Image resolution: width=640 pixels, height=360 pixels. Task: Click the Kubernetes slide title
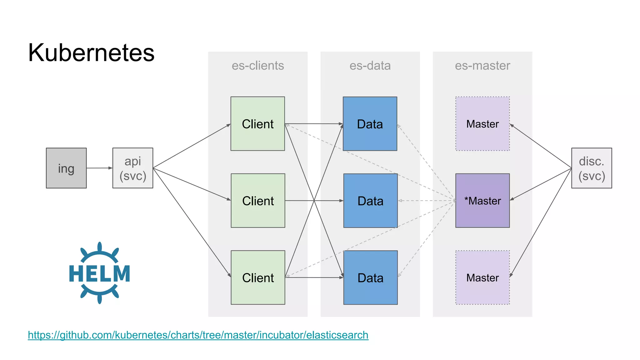(x=91, y=52)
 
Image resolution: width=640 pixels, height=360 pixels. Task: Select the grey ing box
(x=66, y=168)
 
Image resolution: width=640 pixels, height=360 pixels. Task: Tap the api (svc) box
(x=133, y=168)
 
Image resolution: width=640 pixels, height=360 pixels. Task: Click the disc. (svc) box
(x=592, y=168)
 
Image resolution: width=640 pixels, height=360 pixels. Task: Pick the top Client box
(x=258, y=124)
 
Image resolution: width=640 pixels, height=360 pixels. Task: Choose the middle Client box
(x=258, y=201)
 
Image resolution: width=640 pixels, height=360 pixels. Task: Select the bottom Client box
(x=258, y=277)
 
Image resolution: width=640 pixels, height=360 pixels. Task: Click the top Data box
(x=370, y=124)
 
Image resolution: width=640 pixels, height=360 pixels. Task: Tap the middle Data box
(x=370, y=201)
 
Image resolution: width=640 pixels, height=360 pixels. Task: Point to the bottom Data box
(x=370, y=277)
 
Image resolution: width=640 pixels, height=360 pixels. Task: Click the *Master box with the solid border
(x=482, y=201)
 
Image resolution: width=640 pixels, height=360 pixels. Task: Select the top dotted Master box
(x=482, y=124)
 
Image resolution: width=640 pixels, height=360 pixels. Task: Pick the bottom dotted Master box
(x=482, y=277)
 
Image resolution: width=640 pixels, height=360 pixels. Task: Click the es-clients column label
(x=258, y=66)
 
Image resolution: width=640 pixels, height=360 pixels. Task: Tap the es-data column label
(x=370, y=66)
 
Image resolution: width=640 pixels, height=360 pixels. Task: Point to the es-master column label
(x=482, y=66)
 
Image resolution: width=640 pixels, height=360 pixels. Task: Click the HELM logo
(x=99, y=273)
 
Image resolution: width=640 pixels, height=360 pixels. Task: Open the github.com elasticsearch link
(x=198, y=335)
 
